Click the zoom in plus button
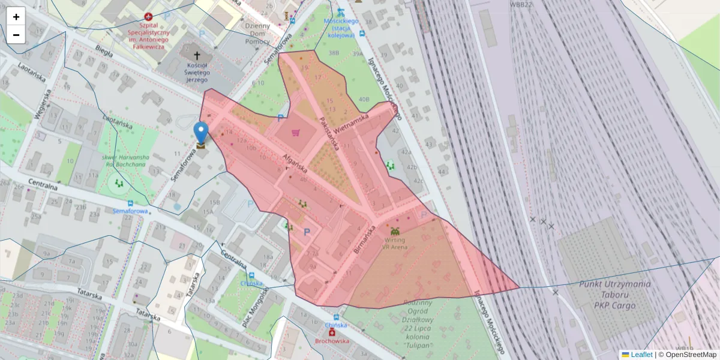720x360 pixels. click(16, 17)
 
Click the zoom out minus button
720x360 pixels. click(16, 35)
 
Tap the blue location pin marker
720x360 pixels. click(201, 133)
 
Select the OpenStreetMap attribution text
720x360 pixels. click(690, 355)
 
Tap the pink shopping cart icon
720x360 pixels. click(295, 133)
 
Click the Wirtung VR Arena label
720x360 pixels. click(395, 243)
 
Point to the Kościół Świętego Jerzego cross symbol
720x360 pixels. click(197, 55)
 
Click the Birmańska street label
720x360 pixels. click(365, 239)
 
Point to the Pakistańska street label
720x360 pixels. click(329, 134)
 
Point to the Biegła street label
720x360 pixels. click(103, 52)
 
